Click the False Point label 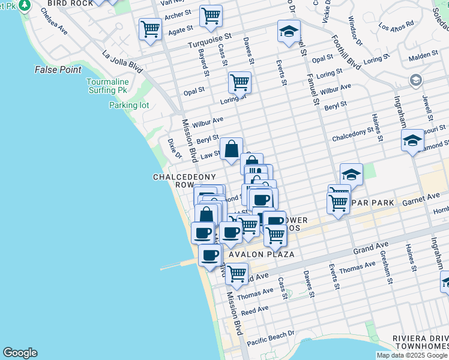click(x=58, y=70)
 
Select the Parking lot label click(x=128, y=105)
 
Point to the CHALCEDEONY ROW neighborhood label click(x=173, y=181)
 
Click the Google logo click(x=20, y=353)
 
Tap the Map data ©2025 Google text click(x=411, y=355)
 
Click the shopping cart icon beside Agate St click(x=150, y=28)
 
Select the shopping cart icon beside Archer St click(x=211, y=16)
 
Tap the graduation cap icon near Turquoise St click(x=289, y=31)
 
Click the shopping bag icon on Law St click(x=231, y=148)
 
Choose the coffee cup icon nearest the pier click(x=209, y=256)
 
